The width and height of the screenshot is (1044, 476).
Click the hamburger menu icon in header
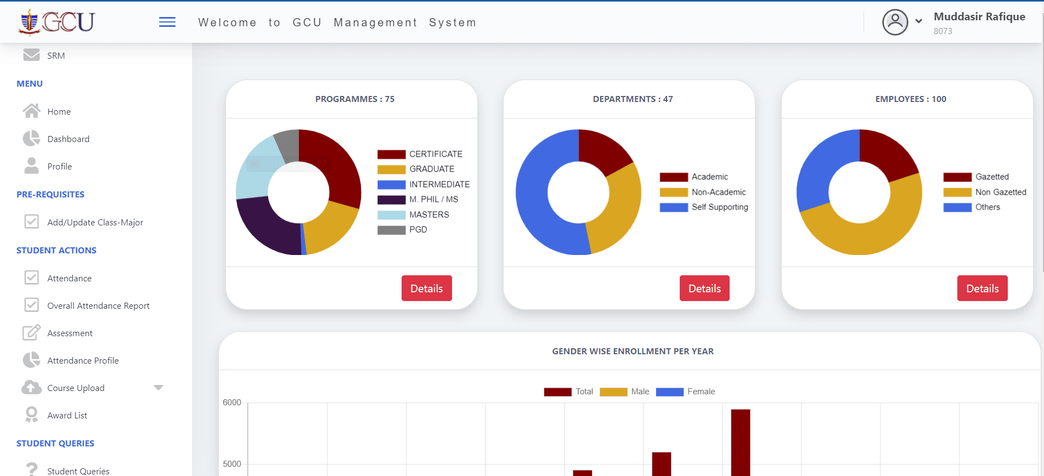(167, 22)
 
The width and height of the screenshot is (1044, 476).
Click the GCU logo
(57, 22)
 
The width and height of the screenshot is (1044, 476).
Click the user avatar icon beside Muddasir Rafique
(895, 22)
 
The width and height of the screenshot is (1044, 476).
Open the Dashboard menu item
(68, 139)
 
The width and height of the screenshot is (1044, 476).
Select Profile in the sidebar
(59, 167)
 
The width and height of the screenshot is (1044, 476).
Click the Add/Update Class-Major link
(95, 223)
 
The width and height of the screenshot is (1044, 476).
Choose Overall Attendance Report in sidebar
(98, 306)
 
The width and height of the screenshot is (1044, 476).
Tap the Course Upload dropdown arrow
(159, 388)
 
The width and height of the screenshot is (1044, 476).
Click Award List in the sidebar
(67, 416)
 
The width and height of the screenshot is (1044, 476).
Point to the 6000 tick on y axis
(232, 403)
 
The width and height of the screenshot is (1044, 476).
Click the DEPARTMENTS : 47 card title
(633, 99)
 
